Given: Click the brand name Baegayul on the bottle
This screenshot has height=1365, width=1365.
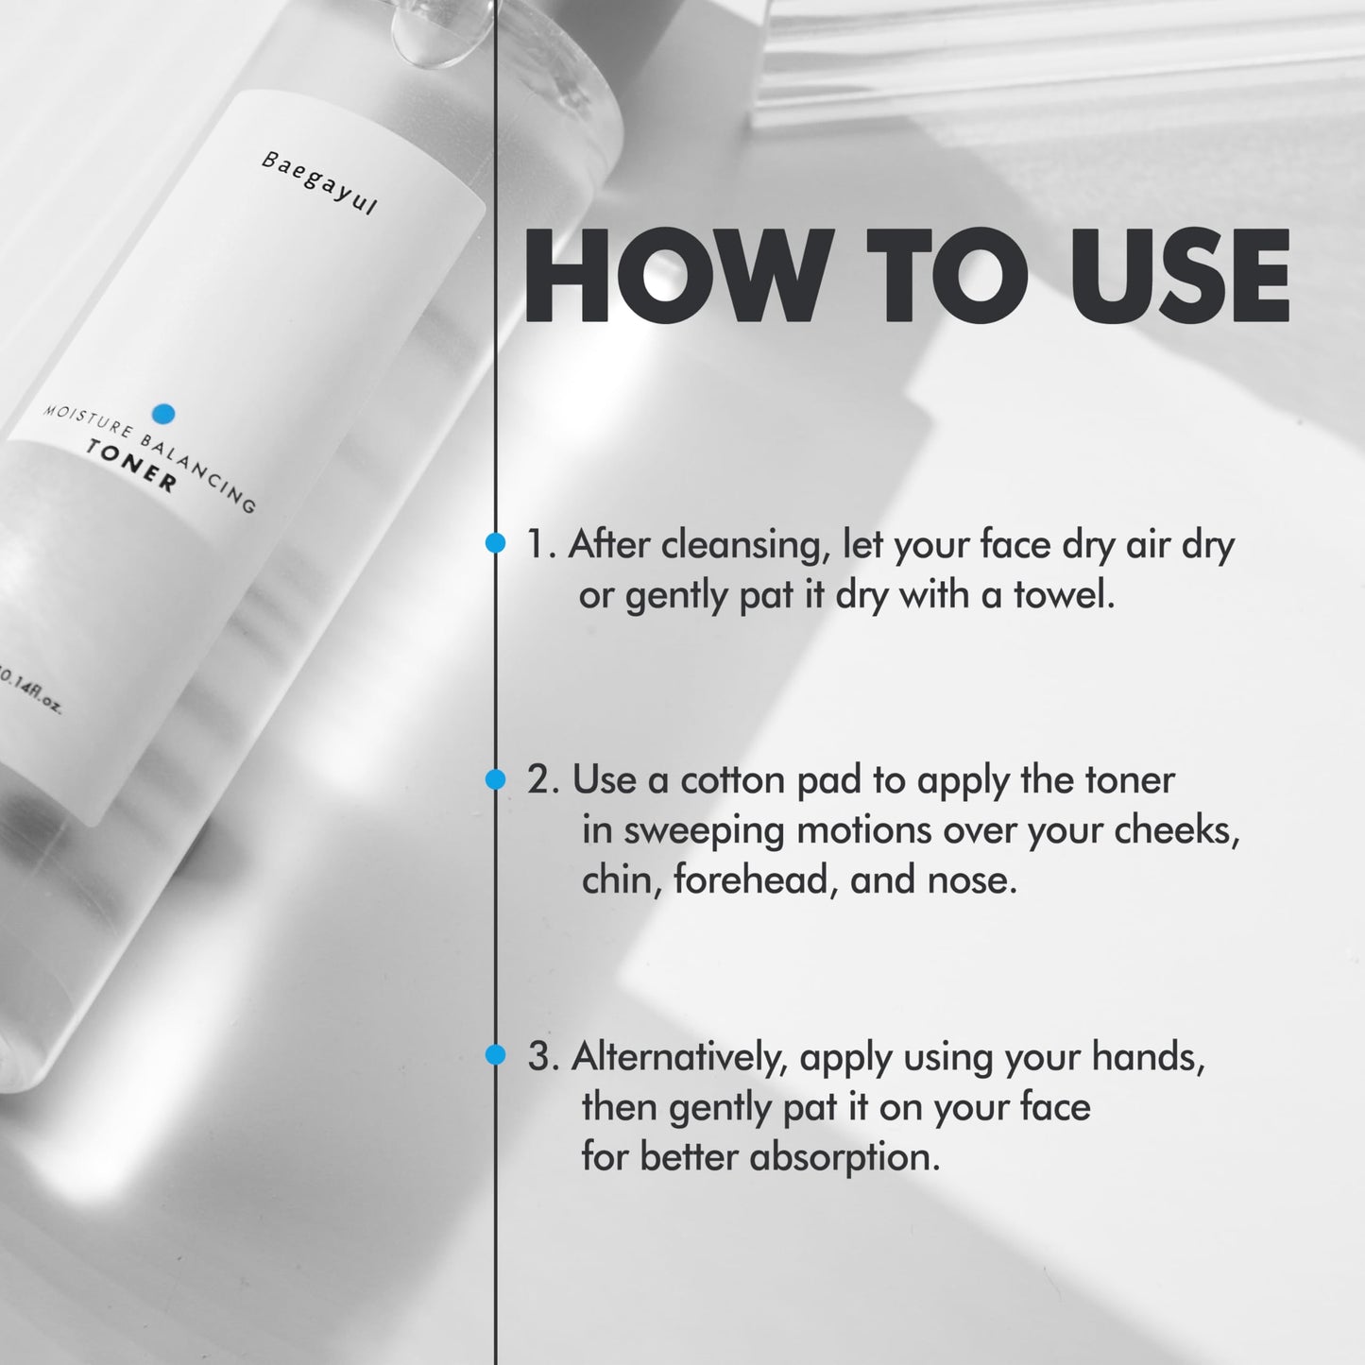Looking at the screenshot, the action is click(318, 183).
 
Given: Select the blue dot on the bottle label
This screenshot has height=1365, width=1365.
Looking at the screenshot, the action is click(163, 414).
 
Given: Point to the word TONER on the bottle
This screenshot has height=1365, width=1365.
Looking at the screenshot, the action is click(131, 466).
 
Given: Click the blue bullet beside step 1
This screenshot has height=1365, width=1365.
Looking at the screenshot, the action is click(496, 543).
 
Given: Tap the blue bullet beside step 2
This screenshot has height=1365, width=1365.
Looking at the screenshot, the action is click(496, 779).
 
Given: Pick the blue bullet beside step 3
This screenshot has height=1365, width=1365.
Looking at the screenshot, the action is click(496, 1055).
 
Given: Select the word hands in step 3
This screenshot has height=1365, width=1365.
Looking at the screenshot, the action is click(1148, 1057).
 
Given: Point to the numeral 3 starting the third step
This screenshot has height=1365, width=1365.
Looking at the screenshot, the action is click(538, 1057).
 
